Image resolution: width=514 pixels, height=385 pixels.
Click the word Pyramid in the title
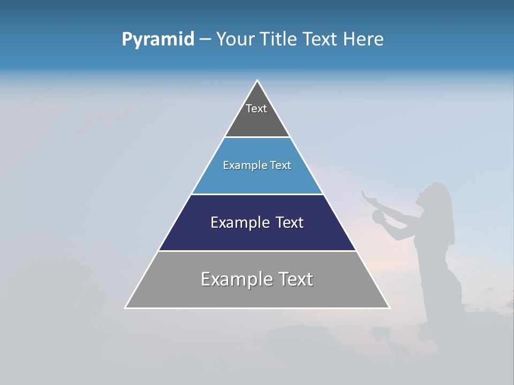pyautogui.click(x=157, y=40)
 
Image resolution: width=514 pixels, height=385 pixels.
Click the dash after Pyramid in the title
pyautogui.click(x=205, y=40)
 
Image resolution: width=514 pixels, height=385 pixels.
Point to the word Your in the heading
pyautogui.click(x=236, y=40)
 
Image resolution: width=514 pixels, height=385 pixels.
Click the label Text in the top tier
pyautogui.click(x=256, y=109)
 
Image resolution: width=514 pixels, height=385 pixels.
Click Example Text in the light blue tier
pyautogui.click(x=257, y=166)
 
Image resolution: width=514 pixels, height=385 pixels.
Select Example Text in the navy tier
pyautogui.click(x=257, y=222)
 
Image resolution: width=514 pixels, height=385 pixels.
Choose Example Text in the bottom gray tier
pyautogui.click(x=257, y=279)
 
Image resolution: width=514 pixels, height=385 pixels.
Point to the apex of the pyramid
pyautogui.click(x=257, y=81)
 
